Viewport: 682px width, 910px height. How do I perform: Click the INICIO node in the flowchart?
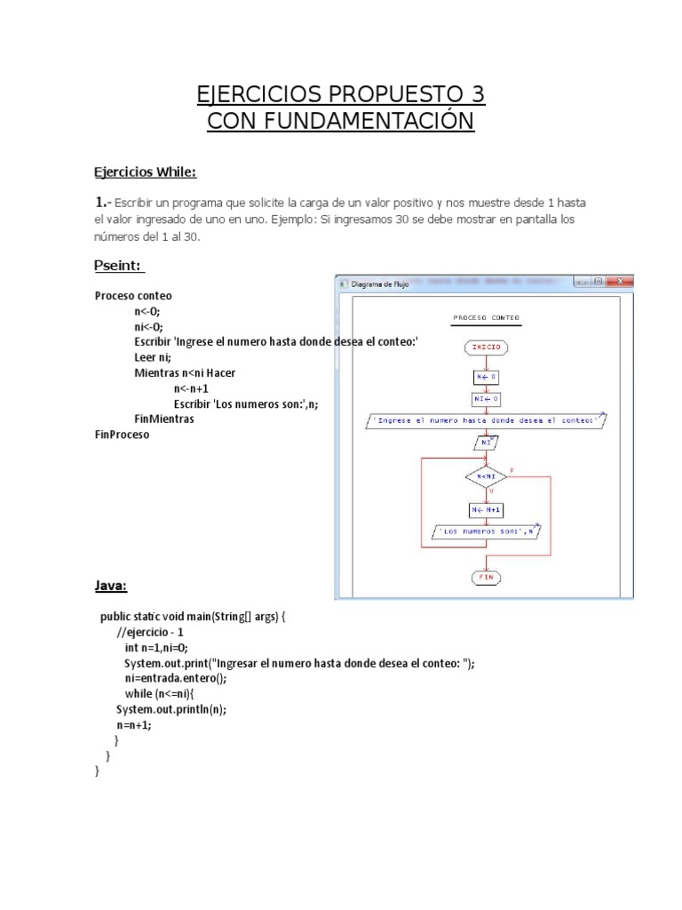486,347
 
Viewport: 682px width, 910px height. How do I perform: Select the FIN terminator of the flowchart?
486,577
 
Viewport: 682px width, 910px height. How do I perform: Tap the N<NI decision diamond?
486,476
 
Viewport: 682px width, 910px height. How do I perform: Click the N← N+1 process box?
486,509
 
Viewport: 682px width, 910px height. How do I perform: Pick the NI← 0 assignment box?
486,398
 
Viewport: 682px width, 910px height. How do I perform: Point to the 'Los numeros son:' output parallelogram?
486,531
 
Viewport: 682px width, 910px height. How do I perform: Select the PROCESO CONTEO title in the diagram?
486,317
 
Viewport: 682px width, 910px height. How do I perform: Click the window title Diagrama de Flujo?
381,284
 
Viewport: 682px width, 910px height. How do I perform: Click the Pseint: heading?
119,266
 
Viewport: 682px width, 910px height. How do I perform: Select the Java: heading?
111,586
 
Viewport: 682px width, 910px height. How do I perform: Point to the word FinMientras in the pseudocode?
163,418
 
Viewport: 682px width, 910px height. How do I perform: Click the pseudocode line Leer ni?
152,357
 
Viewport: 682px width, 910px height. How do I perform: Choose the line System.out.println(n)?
170,709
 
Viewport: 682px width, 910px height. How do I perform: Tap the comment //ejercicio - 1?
149,632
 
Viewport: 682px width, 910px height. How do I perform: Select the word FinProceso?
123,435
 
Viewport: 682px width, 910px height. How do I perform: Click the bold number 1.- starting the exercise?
103,201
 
